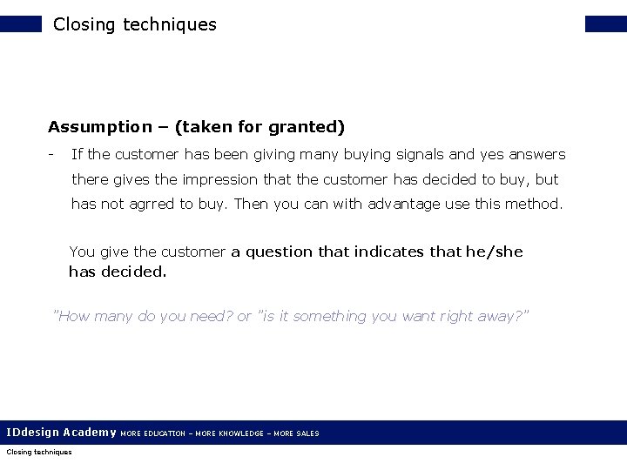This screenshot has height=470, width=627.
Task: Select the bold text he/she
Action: [495, 252]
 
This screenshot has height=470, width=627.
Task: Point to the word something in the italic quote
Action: [330, 316]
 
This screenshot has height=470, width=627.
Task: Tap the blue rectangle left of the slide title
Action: [21, 23]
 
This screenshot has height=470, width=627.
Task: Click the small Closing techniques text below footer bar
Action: [38, 452]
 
